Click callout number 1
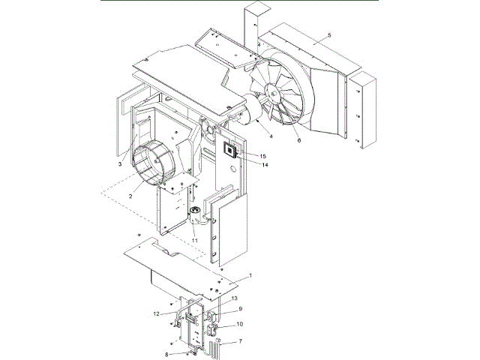point(250,275)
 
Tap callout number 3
point(119,163)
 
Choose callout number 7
point(240,342)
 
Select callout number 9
point(241,309)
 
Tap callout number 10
point(240,325)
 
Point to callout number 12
point(157,313)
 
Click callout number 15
point(263,155)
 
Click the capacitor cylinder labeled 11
point(196,218)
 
